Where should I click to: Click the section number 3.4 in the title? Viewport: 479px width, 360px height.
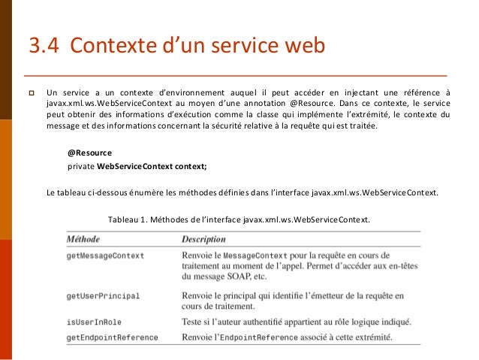click(x=44, y=47)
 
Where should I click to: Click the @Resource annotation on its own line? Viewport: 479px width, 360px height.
click(x=89, y=153)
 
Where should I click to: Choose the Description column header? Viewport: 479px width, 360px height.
click(x=203, y=239)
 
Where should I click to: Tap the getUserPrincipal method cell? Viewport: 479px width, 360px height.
click(x=102, y=296)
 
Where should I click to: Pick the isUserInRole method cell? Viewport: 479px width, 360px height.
click(x=95, y=322)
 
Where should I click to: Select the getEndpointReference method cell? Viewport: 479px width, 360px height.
click(x=112, y=337)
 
